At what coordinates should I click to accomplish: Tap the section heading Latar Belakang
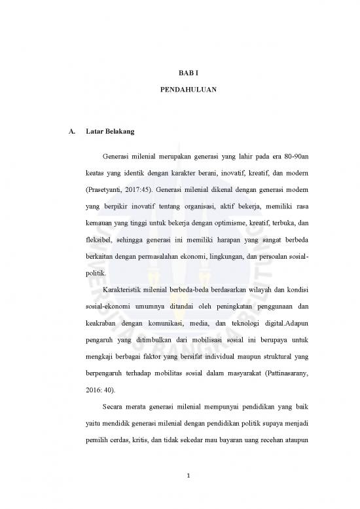(110, 132)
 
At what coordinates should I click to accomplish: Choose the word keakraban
(86, 326)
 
